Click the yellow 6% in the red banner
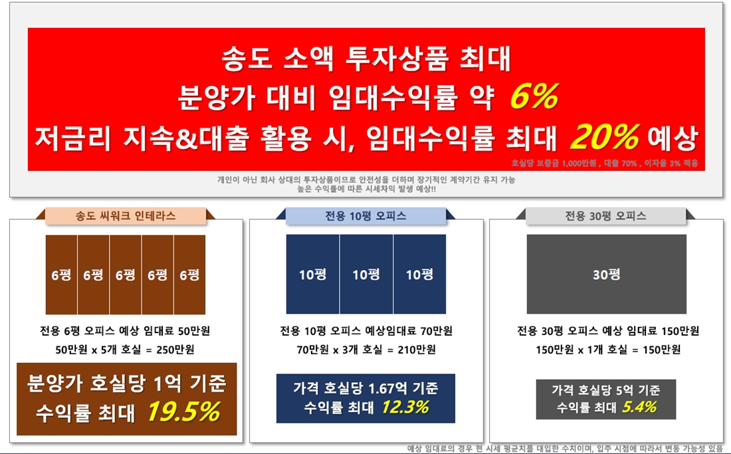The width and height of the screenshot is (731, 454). tap(534, 96)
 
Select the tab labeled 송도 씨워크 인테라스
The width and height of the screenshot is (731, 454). tap(126, 216)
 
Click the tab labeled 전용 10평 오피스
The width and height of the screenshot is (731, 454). tap(365, 216)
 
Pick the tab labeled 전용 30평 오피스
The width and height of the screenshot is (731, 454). tap(605, 216)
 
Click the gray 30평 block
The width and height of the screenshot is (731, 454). tap(607, 274)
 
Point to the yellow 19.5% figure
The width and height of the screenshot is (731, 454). tap(184, 411)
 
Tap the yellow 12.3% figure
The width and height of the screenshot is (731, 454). tap(405, 407)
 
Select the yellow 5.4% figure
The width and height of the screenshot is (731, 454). tap(639, 407)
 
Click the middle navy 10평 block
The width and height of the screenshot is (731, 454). tap(366, 274)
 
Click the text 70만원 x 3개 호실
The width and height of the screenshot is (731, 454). tap(340, 350)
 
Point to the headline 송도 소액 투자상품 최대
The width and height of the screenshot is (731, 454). tap(366, 58)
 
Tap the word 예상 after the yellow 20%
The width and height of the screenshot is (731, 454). tap(673, 138)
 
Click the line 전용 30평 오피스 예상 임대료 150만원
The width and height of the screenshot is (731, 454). tap(608, 331)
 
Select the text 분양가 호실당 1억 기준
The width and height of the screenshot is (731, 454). tap(126, 384)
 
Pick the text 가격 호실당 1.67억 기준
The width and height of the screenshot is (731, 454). tap(365, 388)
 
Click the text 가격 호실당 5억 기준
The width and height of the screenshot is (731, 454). tap(605, 390)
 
